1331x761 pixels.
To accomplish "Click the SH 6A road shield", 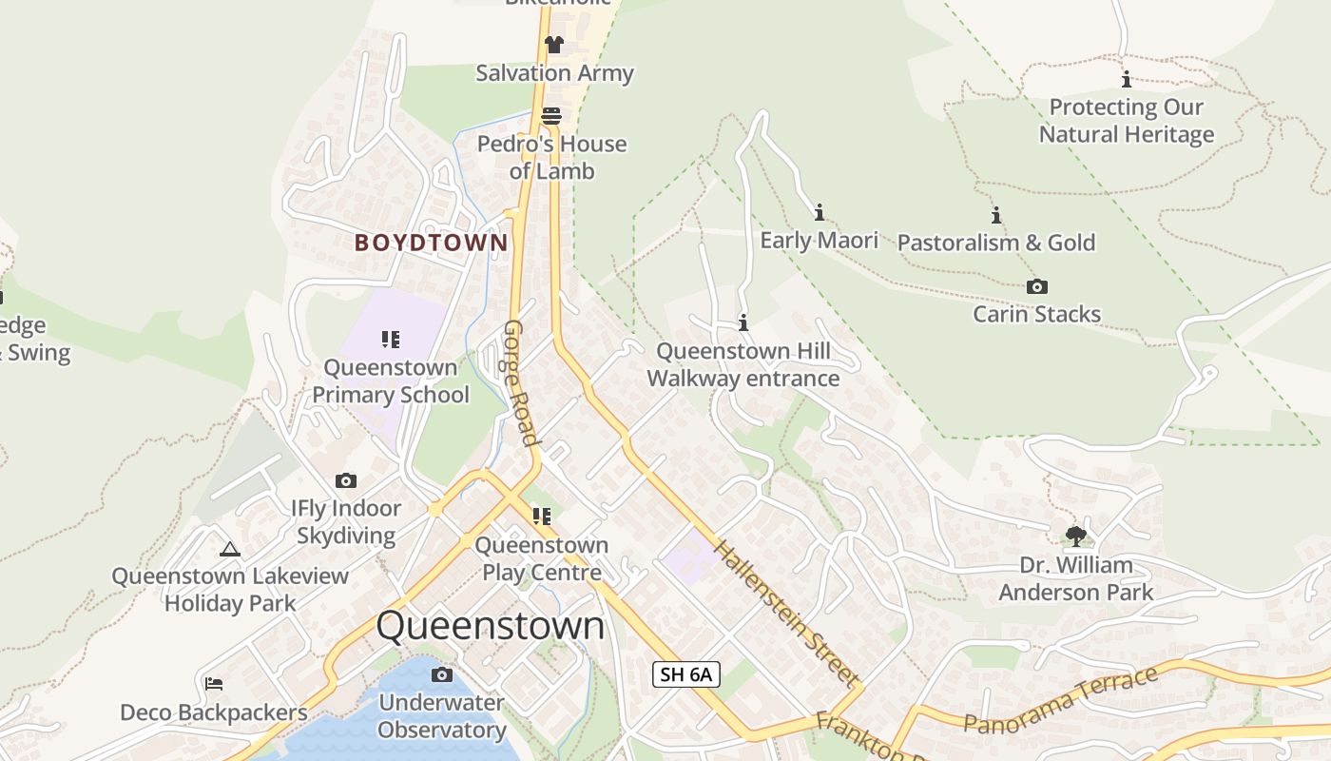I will [686, 675].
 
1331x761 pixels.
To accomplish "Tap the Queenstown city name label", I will [491, 626].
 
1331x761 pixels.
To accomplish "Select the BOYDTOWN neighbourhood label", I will [432, 243].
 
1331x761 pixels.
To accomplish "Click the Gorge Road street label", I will [522, 382].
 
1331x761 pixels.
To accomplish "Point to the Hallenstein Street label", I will [785, 614].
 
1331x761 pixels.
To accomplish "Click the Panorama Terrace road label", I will [1061, 701].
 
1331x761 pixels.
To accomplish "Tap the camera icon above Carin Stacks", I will [1037, 286].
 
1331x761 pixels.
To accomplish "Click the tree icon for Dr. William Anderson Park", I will [1075, 537].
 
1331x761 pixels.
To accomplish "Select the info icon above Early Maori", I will [820, 212].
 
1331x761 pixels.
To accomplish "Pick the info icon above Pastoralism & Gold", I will [996, 215].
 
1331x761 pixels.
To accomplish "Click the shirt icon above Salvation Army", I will [554, 45].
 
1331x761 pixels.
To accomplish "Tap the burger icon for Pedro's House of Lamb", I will [551, 116].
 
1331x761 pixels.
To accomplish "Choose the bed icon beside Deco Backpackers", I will [214, 684].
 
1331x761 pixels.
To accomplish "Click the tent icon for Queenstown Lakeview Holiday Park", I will [229, 549].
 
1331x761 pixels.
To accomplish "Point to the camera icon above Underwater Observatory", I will [441, 675].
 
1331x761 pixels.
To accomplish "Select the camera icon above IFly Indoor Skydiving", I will [346, 480].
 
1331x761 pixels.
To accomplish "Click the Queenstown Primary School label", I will [391, 380].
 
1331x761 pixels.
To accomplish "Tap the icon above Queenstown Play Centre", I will [542, 517].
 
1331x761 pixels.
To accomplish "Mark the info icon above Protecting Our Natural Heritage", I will [1127, 80].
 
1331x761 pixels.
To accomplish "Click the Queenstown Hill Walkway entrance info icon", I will [743, 323].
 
